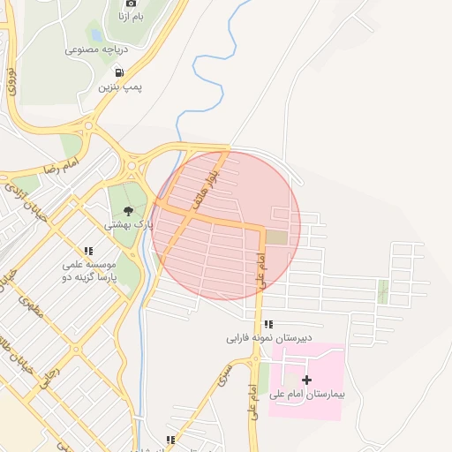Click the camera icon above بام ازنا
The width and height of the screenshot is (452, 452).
pos(132,4)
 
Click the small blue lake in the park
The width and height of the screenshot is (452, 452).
pos(94,35)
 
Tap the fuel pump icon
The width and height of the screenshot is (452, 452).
pos(119,73)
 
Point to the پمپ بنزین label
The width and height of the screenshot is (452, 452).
pos(119,87)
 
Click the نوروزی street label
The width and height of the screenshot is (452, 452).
pos(11,80)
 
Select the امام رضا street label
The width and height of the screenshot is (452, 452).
pos(60,166)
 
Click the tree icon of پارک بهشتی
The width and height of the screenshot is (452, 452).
pos(129,211)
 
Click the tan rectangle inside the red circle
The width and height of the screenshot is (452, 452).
pos(276,237)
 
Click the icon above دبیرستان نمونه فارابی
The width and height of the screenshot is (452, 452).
pos(268,324)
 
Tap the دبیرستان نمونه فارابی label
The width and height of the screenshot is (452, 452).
pos(267,338)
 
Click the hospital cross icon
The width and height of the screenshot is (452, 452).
pos(307,380)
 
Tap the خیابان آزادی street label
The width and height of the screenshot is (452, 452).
pos(24,199)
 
